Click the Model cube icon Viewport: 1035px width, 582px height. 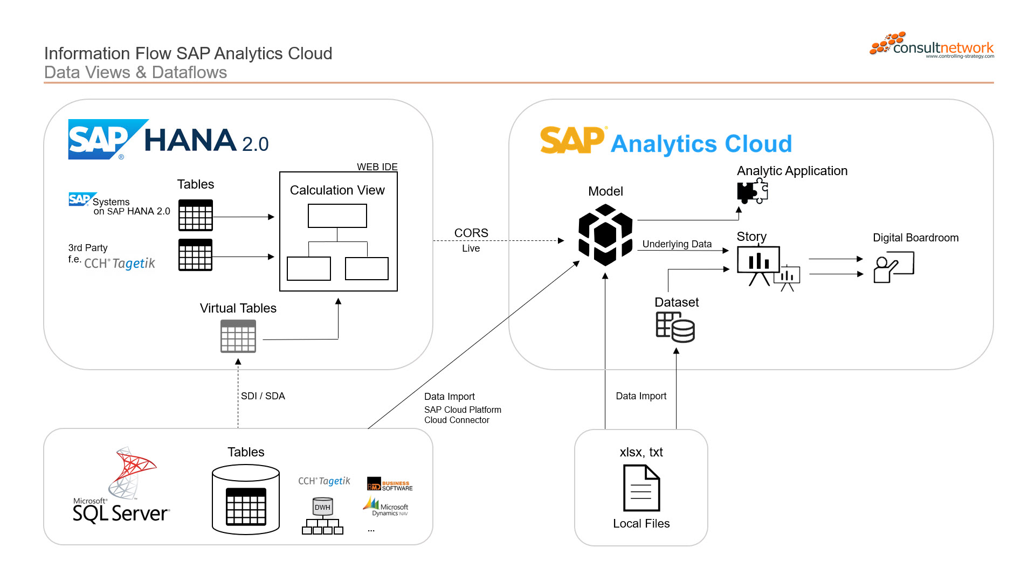(x=605, y=235)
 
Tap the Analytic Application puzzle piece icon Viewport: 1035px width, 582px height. (x=753, y=191)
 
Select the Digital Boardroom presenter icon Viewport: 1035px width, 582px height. (x=893, y=267)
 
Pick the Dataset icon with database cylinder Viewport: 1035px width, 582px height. (x=675, y=327)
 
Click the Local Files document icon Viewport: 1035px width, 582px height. (x=641, y=488)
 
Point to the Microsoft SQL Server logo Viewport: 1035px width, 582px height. (x=122, y=486)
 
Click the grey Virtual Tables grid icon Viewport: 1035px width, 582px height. (x=238, y=336)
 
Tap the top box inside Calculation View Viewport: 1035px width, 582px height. (x=337, y=216)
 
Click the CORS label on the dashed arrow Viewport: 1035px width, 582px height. (x=471, y=233)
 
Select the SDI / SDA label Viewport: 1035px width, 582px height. (x=263, y=396)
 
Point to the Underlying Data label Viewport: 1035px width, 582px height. (x=677, y=244)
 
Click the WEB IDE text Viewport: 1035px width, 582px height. (x=377, y=167)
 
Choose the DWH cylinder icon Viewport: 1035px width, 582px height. (x=322, y=507)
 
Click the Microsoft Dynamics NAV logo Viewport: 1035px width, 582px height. (x=386, y=507)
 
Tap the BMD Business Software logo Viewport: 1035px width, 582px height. (x=390, y=485)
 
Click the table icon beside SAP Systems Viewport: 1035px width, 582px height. (x=196, y=216)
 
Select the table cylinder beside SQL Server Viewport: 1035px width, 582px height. (x=246, y=500)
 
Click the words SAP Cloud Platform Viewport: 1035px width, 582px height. (x=463, y=410)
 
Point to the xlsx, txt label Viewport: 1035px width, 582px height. (x=641, y=452)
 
